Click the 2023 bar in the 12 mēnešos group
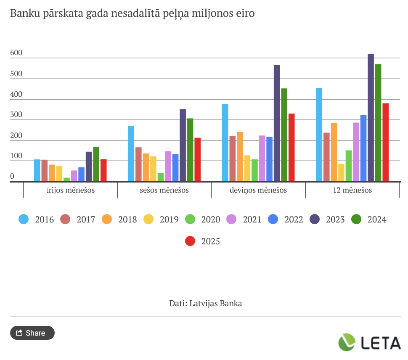point(371,118)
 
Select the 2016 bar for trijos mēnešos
point(37,170)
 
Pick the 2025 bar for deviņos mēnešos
point(291,147)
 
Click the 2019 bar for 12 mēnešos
point(341,172)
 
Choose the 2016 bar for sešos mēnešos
point(131,154)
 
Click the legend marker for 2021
point(231,219)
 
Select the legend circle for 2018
point(106,219)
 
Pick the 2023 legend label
point(335,220)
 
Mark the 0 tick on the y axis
point(12,176)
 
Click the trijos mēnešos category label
point(70,190)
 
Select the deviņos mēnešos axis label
point(258,190)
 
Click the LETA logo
point(370,342)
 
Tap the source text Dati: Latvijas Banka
point(206,303)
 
